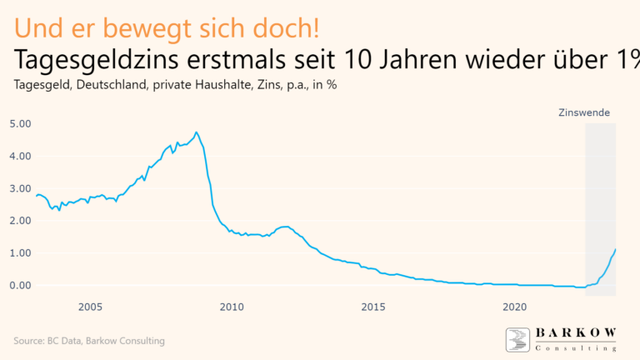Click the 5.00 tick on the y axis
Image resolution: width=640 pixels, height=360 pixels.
pos(19,123)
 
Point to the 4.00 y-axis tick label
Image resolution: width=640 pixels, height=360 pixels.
pos(19,156)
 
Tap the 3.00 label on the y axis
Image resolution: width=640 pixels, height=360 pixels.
pos(19,188)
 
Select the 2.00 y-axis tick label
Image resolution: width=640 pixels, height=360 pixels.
pos(19,220)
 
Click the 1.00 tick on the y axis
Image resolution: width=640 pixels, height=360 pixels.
pos(19,252)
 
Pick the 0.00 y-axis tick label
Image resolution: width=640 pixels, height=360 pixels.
pos(19,285)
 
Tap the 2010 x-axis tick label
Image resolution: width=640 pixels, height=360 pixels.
pos(232,306)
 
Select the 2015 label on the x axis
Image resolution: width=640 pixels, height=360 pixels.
pos(373,306)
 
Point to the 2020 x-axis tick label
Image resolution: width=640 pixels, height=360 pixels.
pos(515,306)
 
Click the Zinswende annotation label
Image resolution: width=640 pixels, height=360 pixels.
pos(584,112)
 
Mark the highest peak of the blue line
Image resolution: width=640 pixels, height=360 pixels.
pos(196,132)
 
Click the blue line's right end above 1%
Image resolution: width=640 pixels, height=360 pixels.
pos(615,249)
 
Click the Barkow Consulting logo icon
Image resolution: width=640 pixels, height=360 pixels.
pos(518,340)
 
